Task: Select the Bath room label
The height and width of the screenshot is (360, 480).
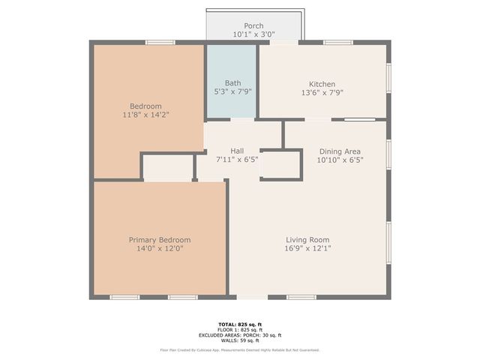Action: pos(232,83)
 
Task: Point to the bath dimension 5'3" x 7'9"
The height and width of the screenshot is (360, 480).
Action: pos(232,92)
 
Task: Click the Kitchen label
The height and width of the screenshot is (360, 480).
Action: pos(322,83)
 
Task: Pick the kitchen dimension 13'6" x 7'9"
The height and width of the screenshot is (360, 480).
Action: pos(322,92)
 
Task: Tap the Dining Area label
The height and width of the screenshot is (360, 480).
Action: pos(334,151)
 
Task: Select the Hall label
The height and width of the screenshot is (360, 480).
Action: pos(236,151)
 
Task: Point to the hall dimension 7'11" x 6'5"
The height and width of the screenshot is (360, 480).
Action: pos(236,160)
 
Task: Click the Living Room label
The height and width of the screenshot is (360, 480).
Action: pos(308,239)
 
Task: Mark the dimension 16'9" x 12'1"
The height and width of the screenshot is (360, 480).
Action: pos(308,248)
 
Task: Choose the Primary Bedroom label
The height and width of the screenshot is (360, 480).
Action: pos(159,239)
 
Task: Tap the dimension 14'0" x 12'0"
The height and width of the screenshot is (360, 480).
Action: pos(159,248)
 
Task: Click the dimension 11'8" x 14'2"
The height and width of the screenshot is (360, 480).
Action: pos(145,115)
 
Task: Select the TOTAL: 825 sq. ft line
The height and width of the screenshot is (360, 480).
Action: pos(239,324)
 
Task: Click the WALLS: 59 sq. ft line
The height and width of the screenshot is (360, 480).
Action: pos(239,340)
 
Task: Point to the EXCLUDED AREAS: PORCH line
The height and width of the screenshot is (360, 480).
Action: pos(239,335)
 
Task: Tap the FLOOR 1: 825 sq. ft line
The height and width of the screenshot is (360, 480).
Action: pos(239,330)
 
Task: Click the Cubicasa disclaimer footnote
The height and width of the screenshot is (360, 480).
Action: pos(239,349)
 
